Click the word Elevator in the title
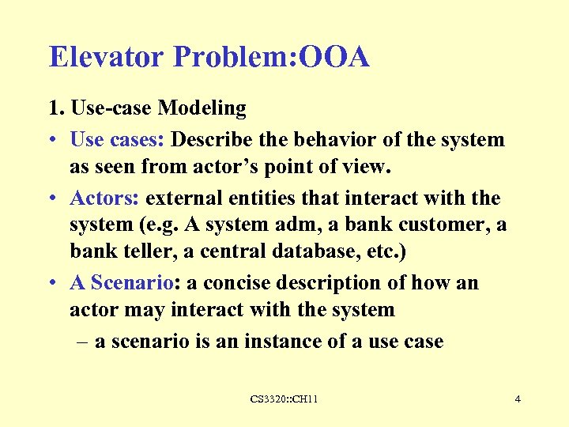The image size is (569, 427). click(x=107, y=57)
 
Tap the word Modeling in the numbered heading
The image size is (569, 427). click(x=203, y=108)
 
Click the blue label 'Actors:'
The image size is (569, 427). click(x=105, y=198)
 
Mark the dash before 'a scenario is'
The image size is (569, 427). click(x=83, y=342)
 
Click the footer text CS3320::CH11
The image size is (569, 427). click(x=284, y=399)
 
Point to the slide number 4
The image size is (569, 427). click(x=517, y=399)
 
